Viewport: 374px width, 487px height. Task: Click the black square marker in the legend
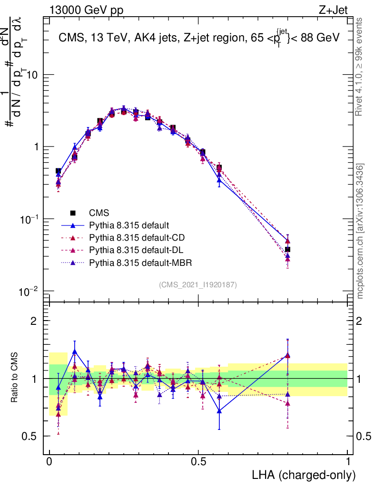(x=73, y=213)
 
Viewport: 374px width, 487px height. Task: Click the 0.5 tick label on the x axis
(x=198, y=461)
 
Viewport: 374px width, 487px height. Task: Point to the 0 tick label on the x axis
(x=49, y=461)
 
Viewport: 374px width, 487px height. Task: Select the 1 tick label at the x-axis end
(x=347, y=461)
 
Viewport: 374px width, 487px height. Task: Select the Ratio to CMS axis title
(x=15, y=379)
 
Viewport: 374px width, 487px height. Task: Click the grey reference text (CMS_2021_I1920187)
(x=198, y=284)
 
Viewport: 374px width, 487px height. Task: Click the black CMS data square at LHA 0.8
(x=287, y=249)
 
